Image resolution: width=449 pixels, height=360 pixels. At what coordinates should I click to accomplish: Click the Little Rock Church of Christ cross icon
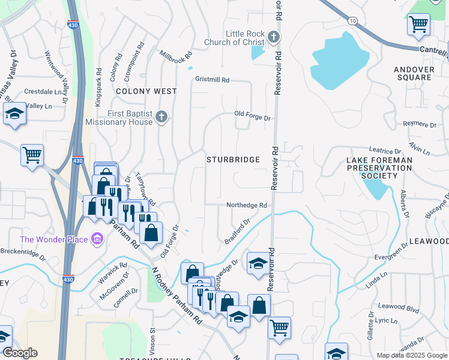tap(274, 37)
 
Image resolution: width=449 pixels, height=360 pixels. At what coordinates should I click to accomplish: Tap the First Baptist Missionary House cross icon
tap(161, 118)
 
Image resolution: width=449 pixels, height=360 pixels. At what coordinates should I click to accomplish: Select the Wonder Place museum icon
tap(97, 240)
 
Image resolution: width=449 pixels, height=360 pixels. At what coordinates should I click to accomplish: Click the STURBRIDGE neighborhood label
tap(234, 160)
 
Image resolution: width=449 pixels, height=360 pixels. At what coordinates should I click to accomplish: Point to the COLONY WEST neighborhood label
tap(146, 91)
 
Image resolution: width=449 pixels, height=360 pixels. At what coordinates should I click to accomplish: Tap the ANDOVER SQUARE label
tap(414, 73)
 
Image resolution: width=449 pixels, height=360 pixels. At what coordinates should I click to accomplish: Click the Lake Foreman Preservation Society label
tap(379, 168)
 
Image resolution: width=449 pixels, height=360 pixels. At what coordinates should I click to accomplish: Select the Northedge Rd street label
tap(246, 205)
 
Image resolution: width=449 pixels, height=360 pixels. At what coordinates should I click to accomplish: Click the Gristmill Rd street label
tap(212, 80)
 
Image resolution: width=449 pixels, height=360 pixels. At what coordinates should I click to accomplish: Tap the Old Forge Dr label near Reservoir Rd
tap(252, 115)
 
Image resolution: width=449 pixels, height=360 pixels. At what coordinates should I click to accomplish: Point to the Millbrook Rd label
tap(176, 55)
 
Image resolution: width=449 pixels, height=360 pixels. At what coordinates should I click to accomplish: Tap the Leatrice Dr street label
tap(385, 151)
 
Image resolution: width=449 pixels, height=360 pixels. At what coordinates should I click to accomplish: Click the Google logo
tap(20, 353)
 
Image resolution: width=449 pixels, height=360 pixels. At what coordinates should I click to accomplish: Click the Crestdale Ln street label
tap(43, 92)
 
